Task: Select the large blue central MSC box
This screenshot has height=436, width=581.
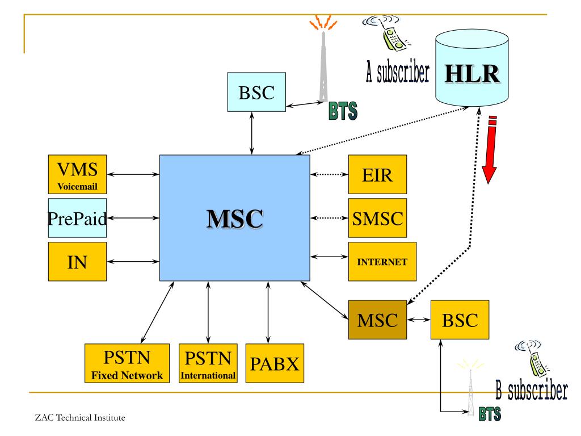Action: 234,218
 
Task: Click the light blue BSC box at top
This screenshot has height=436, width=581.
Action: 256,91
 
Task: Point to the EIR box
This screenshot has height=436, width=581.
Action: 377,174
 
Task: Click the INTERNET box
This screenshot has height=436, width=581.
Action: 382,262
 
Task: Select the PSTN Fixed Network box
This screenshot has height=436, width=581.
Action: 127,364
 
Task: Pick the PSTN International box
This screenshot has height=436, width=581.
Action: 208,364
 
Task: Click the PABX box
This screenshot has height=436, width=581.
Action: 275,364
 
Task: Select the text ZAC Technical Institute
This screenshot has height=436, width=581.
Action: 79,418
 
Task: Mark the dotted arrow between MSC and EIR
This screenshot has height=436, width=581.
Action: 329,174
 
